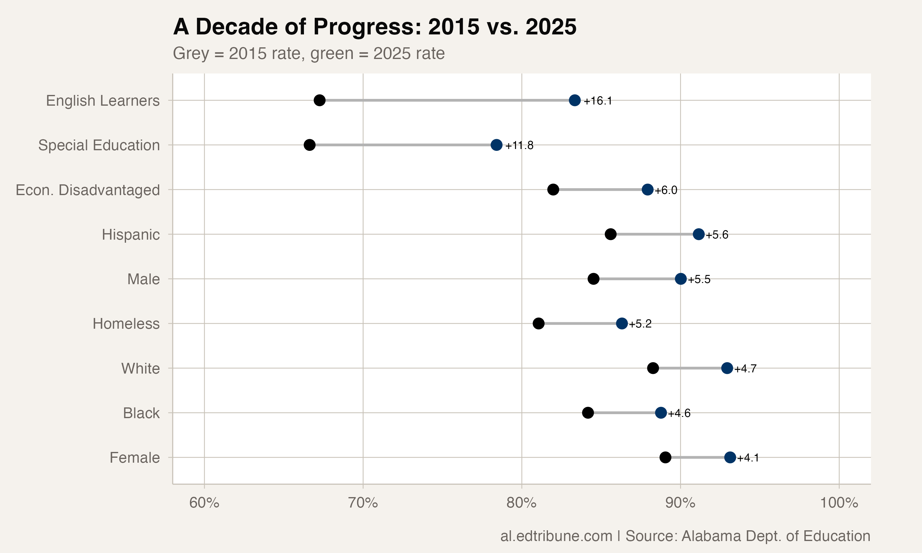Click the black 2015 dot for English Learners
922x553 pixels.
(x=319, y=100)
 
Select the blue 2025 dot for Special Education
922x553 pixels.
(x=496, y=145)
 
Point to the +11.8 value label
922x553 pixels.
(x=519, y=145)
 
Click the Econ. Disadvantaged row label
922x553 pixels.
(x=88, y=190)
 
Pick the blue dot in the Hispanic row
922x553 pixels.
(x=699, y=234)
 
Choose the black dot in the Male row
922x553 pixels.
(x=593, y=279)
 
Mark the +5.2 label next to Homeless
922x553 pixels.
(x=640, y=324)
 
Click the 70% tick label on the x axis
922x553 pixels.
(x=363, y=503)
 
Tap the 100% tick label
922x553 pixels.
(x=839, y=503)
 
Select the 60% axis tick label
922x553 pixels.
(x=204, y=503)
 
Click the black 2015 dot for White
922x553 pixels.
(x=652, y=368)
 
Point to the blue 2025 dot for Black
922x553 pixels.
(x=661, y=413)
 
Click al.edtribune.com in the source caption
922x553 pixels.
(x=556, y=536)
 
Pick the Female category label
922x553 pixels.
(x=135, y=457)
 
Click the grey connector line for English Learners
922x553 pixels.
(x=447, y=100)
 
